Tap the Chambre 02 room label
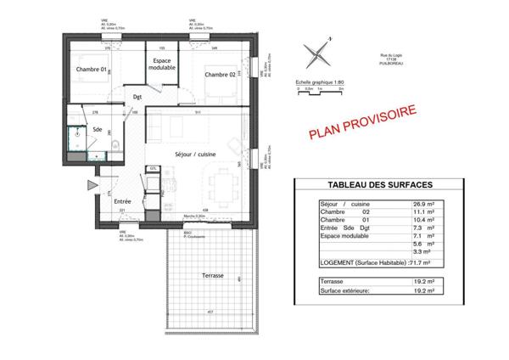point(219,76)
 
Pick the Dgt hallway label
point(137,98)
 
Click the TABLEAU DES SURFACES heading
point(381,186)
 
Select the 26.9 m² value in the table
point(424,205)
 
